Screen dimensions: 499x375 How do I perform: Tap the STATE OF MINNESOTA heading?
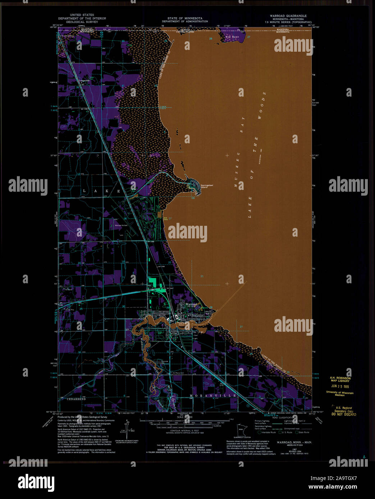click(x=184, y=18)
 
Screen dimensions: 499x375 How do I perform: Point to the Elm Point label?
click(x=232, y=37)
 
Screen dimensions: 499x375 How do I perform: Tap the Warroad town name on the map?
click(x=191, y=304)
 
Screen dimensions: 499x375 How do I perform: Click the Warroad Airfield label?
click(x=121, y=225)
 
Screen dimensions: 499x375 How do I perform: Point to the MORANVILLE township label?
click(x=213, y=396)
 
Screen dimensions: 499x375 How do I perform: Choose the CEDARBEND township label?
click(x=76, y=399)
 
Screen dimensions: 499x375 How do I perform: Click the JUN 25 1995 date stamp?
click(x=339, y=387)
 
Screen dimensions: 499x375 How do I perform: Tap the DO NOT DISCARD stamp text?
click(x=344, y=414)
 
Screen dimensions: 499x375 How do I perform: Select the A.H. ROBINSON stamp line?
click(x=339, y=378)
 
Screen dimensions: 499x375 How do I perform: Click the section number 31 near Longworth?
click(x=123, y=86)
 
